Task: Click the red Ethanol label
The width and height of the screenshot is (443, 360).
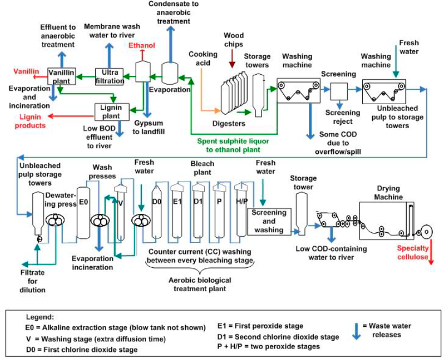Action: pos(142,46)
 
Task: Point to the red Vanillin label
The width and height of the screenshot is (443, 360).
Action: pos(25,71)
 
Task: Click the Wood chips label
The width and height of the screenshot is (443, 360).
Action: pos(233,39)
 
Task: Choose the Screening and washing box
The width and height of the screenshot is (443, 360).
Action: pos(269,221)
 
